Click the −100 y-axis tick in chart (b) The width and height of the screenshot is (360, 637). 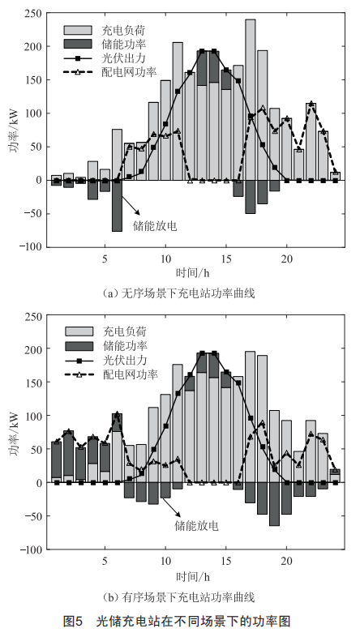pos(32,549)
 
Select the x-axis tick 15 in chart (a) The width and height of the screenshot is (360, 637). pos(226,259)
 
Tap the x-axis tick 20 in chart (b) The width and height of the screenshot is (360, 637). pos(286,561)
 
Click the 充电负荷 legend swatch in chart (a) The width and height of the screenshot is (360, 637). pos(78,30)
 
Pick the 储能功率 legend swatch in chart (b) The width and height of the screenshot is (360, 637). pos(79,346)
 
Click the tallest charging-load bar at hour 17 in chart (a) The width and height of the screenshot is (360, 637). pos(251,100)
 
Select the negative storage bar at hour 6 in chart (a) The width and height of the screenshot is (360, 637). pos(117,206)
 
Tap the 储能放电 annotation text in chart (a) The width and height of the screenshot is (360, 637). pos(155,226)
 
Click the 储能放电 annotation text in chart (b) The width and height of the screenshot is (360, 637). pos(196,526)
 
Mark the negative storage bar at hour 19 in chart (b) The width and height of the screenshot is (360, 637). pos(274,504)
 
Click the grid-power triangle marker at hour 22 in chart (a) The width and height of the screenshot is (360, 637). pos(311,103)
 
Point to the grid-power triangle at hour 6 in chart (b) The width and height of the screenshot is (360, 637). pos(117,413)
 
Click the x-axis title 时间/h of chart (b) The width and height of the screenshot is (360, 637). pos(193,576)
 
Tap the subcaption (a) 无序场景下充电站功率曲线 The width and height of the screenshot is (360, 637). pos(178,293)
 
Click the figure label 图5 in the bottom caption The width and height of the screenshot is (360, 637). pos(73,621)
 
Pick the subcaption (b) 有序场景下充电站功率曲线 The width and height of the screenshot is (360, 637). pos(178,596)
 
